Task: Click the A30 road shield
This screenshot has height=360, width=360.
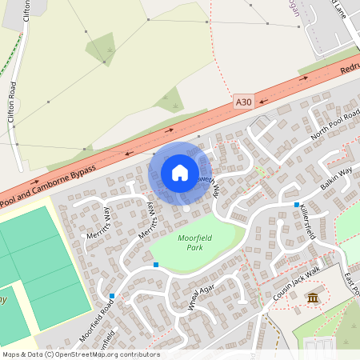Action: click(x=244, y=102)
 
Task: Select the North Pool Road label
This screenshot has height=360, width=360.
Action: click(x=336, y=124)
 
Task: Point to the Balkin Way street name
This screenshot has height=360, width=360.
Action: click(x=337, y=174)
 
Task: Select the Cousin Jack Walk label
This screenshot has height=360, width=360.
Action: click(x=295, y=284)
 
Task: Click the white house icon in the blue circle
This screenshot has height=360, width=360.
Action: click(x=180, y=172)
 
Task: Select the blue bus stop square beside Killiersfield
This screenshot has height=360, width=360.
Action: click(x=296, y=205)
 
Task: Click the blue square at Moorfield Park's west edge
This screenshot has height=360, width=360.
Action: click(x=155, y=264)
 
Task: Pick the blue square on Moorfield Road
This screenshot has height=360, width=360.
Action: click(x=112, y=297)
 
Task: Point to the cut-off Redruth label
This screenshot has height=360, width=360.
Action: click(x=350, y=69)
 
